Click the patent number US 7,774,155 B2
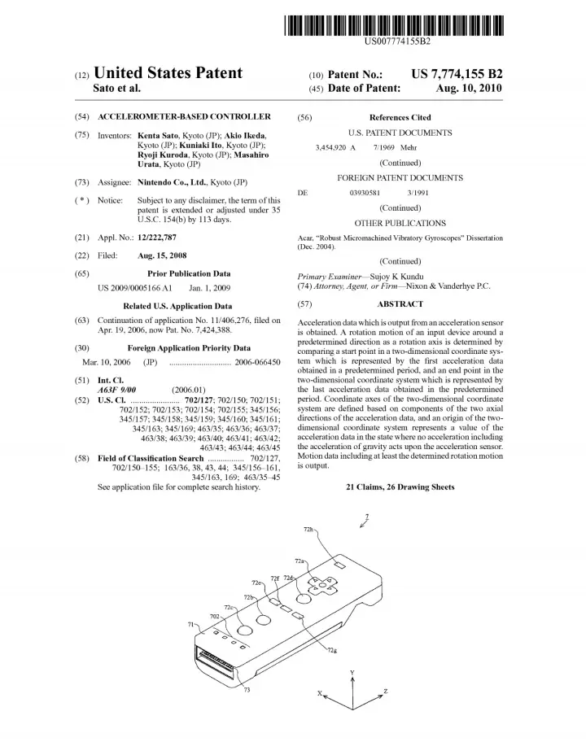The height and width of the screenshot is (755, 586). (x=457, y=74)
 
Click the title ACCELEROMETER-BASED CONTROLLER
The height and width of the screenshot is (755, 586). (x=184, y=117)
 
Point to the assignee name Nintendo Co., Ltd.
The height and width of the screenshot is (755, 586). (x=173, y=181)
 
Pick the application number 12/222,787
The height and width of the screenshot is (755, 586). (x=157, y=238)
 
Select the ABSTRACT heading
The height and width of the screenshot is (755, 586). (x=400, y=303)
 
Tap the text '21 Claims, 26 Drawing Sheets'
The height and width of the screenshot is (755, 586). (x=400, y=487)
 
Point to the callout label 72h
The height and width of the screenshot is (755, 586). (x=308, y=530)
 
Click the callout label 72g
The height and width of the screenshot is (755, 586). (x=333, y=651)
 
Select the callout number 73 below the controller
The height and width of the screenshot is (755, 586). (x=246, y=690)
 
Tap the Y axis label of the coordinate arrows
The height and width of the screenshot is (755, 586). (x=352, y=674)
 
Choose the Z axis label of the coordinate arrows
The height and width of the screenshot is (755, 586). (x=385, y=692)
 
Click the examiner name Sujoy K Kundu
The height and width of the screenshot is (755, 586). (x=394, y=277)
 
